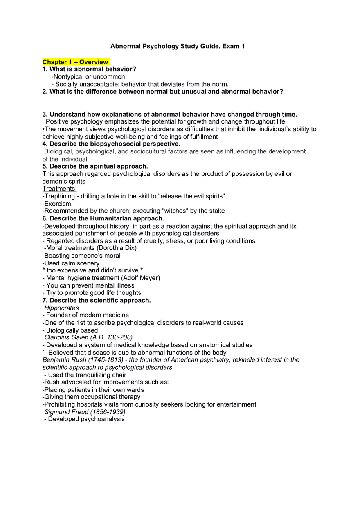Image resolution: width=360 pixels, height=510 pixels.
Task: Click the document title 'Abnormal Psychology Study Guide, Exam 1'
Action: pos(177,46)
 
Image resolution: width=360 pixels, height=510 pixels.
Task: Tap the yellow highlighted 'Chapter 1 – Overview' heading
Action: pos(76,62)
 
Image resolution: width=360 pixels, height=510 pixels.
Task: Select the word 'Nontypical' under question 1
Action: pos(69,76)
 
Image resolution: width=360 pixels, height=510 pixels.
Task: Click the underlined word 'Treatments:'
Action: pos(59,189)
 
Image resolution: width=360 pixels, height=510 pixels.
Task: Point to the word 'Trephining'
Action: pos(59,196)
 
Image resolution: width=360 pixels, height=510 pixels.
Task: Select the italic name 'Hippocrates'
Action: pos(61,308)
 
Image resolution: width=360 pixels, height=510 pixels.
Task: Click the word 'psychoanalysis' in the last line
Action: pos(103,419)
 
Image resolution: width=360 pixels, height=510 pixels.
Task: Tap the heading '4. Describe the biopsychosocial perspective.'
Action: pos(111,144)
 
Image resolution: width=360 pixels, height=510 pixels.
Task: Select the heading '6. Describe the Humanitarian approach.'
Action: pos(103,218)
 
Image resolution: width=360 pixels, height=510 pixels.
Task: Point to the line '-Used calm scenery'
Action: pos(71,263)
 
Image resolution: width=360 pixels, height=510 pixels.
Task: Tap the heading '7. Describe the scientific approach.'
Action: pos(97,300)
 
